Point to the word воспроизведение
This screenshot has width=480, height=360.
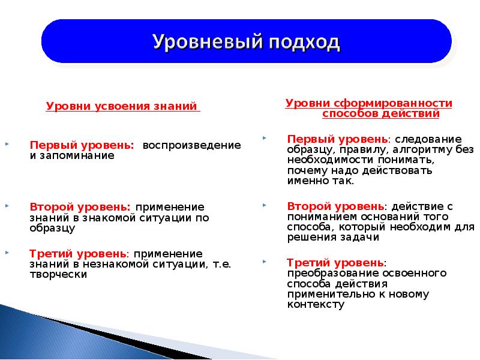tap(191, 146)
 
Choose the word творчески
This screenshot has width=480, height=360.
tap(58, 274)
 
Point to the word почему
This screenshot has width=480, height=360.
tap(306, 170)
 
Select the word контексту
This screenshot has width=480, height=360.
tap(316, 304)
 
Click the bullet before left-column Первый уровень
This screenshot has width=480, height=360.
tap(7, 145)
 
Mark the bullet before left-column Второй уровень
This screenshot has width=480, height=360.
tap(7, 206)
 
